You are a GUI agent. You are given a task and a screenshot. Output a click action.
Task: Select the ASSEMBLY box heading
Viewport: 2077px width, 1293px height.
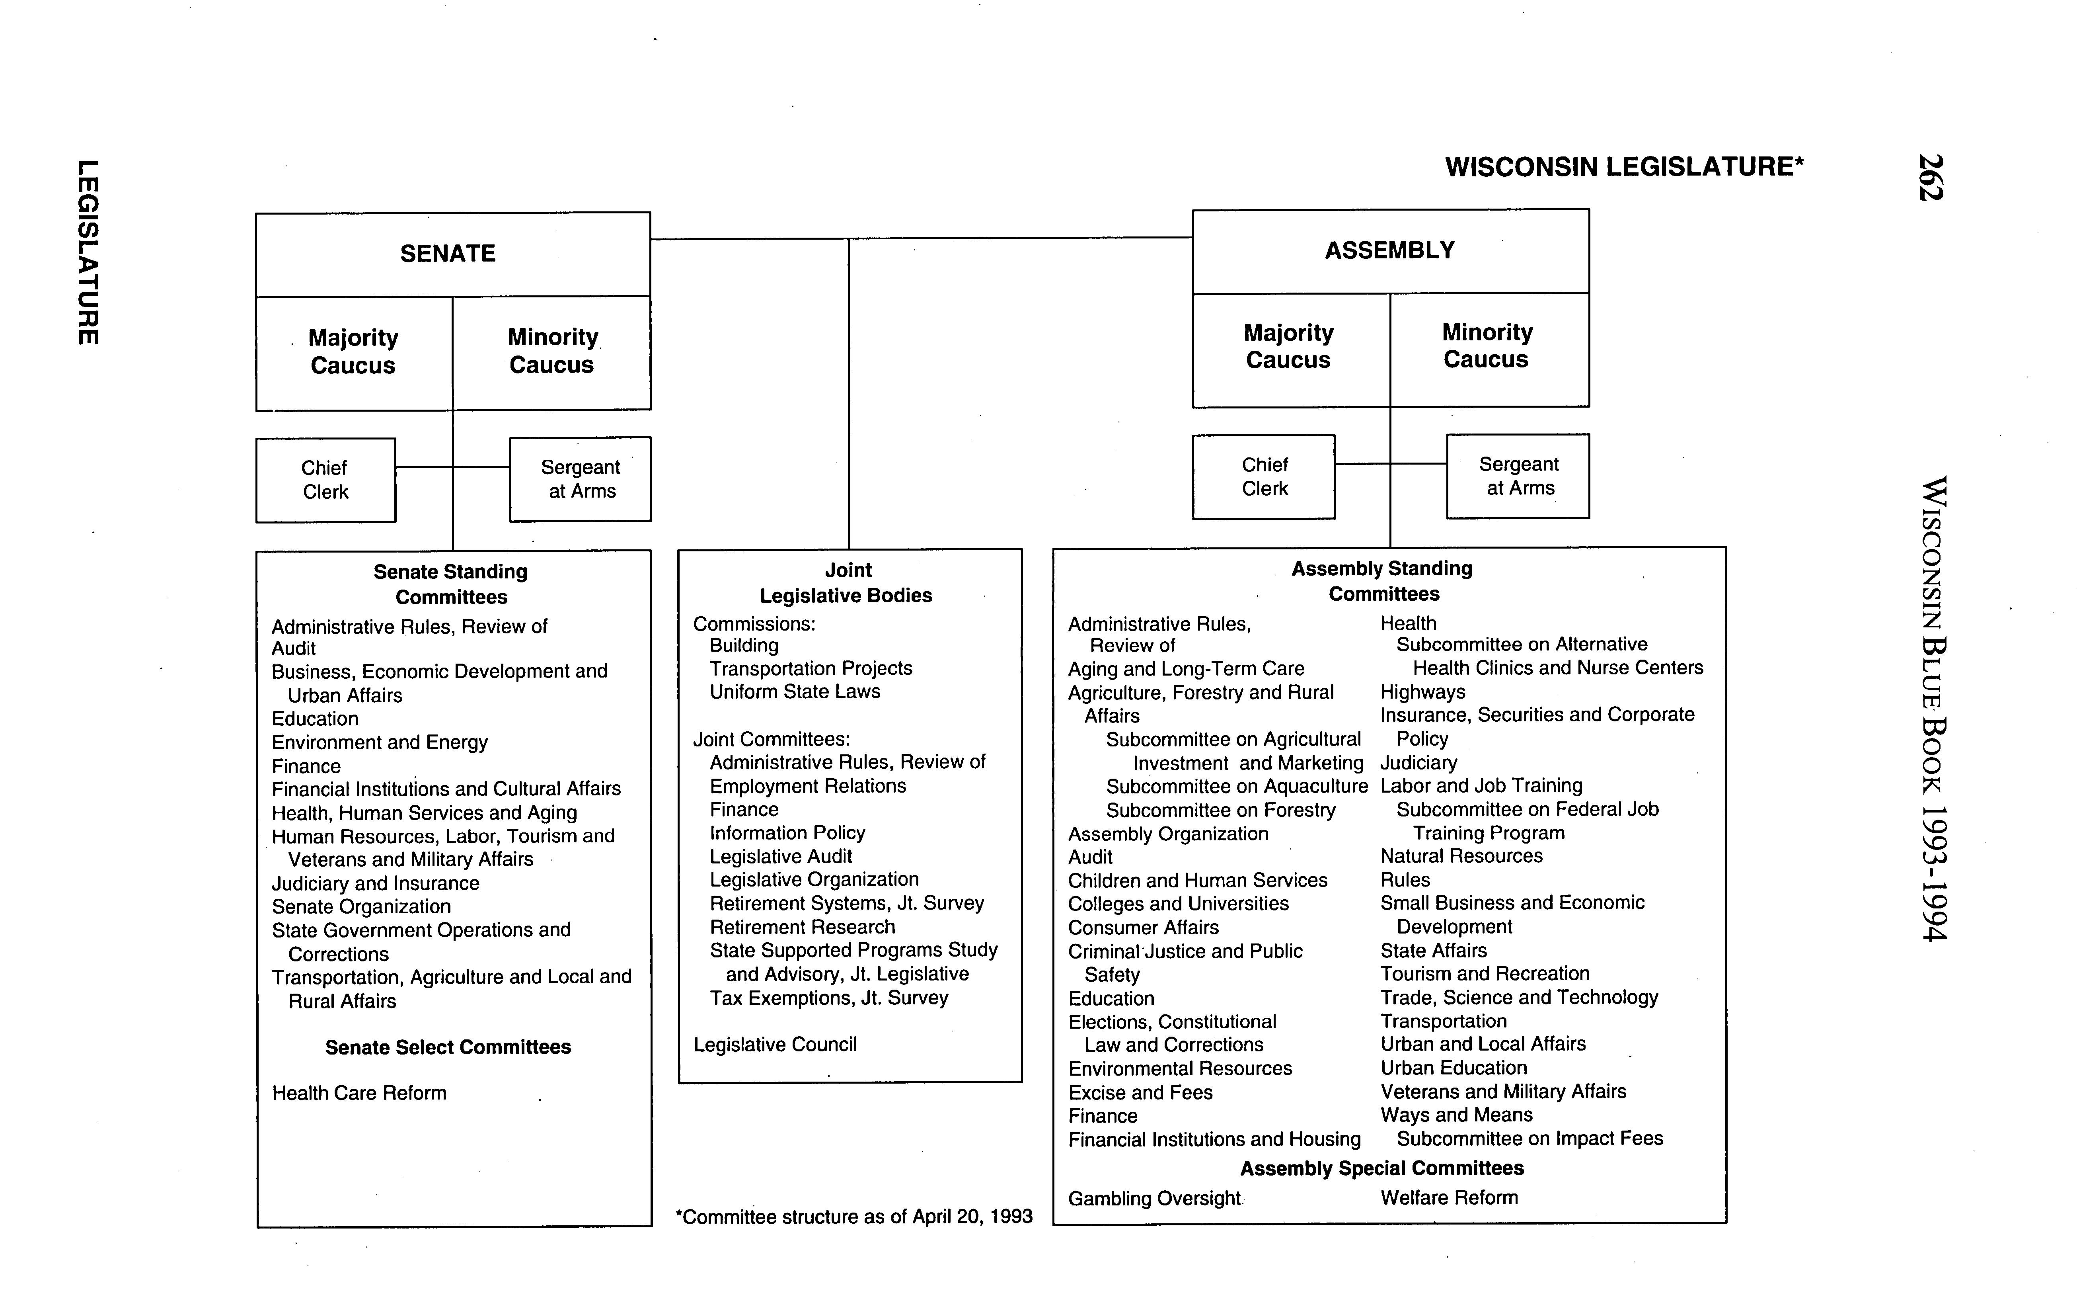pos(1390,250)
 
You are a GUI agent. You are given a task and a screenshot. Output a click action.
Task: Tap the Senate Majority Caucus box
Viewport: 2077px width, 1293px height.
pos(353,352)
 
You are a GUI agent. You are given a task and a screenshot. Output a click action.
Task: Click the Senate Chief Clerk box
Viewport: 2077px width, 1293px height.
pos(325,480)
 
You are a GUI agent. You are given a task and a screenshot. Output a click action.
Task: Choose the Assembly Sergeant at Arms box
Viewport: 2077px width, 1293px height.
pos(1519,477)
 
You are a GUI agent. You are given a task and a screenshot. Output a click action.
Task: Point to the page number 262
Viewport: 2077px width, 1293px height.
pos(1930,177)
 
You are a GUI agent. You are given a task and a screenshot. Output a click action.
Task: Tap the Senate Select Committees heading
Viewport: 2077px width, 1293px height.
pos(448,1047)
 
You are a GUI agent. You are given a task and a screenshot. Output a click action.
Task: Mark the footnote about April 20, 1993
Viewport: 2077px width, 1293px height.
pos(854,1217)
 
